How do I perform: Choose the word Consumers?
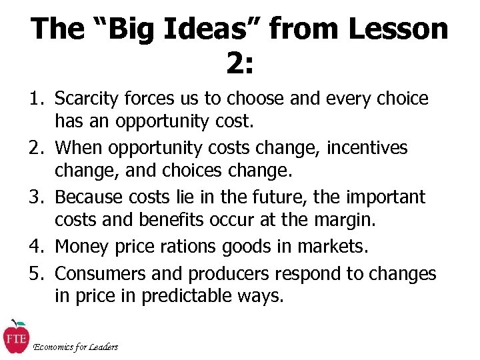click(x=97, y=274)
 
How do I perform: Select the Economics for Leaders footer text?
click(x=75, y=347)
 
